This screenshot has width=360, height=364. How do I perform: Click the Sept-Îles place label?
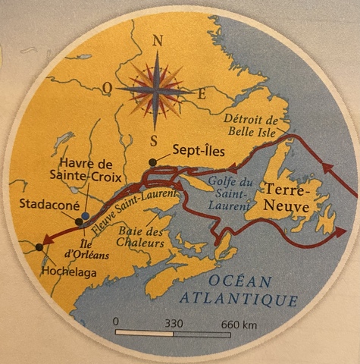point(198,150)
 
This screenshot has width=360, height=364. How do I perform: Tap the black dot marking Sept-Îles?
point(154,162)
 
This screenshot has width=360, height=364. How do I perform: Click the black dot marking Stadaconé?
point(79,221)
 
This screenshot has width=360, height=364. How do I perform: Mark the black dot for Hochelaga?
point(39,246)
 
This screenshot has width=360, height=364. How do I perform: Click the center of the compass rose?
point(155,89)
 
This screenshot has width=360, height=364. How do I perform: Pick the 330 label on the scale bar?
point(174,322)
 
